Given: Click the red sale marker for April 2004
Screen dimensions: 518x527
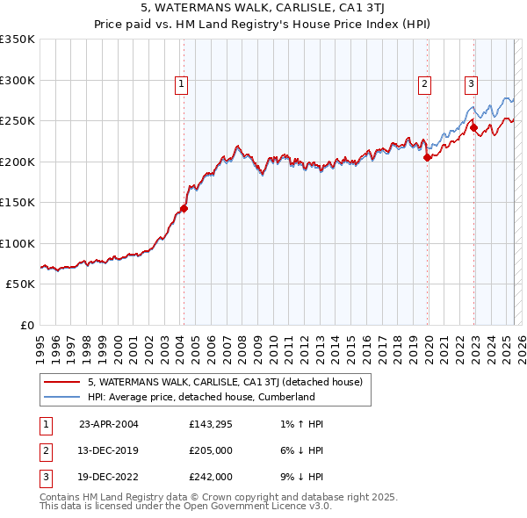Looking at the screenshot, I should (184, 208).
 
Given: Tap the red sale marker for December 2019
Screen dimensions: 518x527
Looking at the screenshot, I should (428, 158).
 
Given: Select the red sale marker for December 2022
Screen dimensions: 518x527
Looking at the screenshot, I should (474, 127).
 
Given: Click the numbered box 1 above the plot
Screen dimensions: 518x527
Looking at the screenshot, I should (180, 84).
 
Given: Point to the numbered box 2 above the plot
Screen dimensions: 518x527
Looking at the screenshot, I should (424, 84).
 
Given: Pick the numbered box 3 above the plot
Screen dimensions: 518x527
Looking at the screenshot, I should (471, 84).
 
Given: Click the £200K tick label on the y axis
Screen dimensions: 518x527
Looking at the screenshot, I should (18, 162).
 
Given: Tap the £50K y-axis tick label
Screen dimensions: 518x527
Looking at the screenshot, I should (21, 284).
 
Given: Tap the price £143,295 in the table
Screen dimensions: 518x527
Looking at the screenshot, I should (211, 424).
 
